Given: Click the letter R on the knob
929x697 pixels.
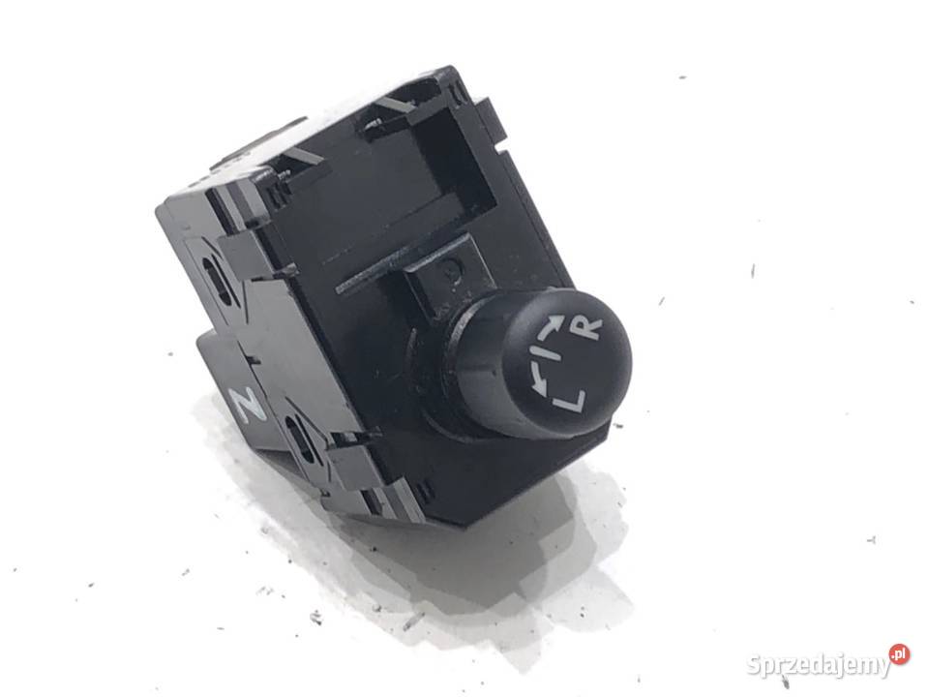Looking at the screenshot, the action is [x=588, y=328].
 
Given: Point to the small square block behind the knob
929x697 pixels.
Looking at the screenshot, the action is [x=441, y=274].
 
